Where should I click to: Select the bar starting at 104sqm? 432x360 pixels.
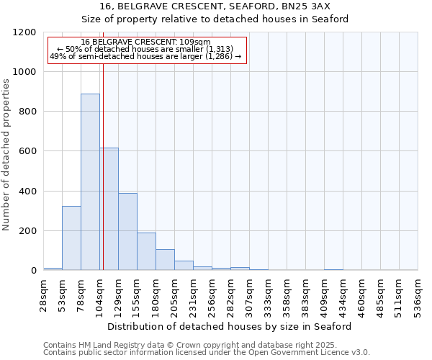109,209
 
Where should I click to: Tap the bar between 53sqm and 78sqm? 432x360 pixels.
71,238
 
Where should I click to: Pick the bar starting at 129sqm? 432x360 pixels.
127,231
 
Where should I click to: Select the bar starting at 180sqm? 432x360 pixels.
165,259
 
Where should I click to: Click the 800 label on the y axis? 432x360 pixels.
27,112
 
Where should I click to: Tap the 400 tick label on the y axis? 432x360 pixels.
27,192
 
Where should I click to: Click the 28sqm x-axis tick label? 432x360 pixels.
44,294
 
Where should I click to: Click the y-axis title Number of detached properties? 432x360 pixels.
6,155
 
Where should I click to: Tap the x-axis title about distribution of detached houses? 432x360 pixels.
230,326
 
